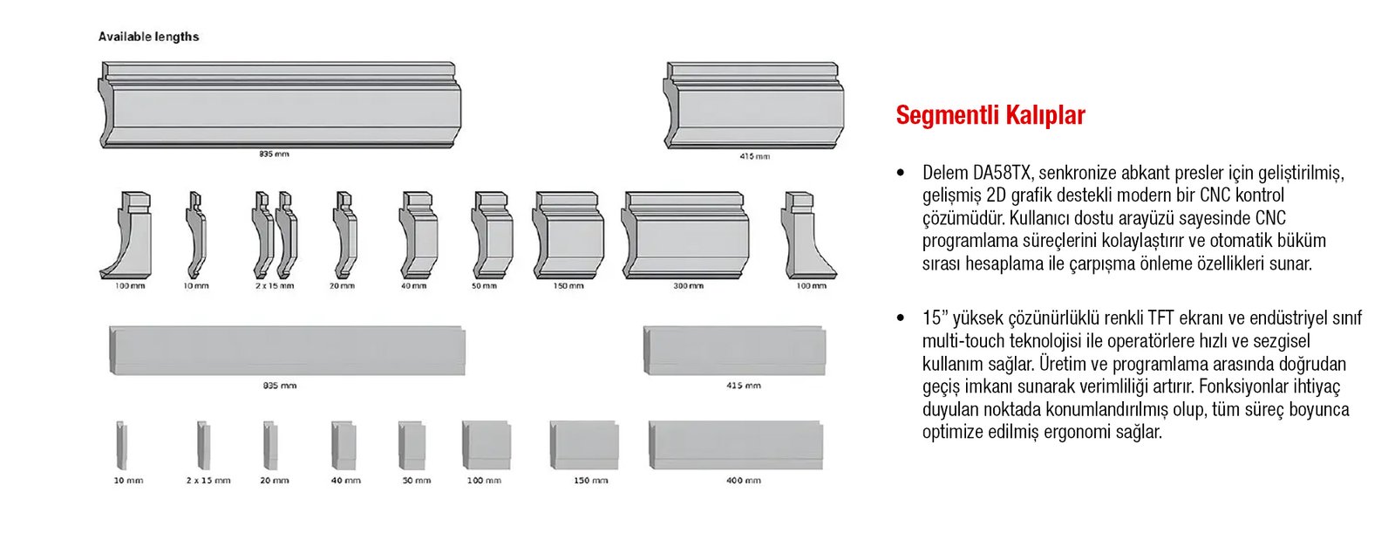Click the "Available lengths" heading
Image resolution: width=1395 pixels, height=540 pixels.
point(148,37)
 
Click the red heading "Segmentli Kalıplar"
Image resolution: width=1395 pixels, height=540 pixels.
point(990,115)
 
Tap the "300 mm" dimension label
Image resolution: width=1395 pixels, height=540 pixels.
point(688,286)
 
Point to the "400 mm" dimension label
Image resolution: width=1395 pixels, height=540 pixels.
point(743,480)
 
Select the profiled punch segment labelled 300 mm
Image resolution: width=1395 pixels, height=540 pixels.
point(685,235)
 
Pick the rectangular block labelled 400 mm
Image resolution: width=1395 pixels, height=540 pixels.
point(736,445)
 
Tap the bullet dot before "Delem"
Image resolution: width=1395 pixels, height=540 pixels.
point(901,173)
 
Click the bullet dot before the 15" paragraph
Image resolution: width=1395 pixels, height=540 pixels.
point(901,318)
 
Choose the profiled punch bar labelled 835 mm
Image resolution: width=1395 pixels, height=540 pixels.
point(280,105)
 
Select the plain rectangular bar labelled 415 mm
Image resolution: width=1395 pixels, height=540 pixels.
point(735,351)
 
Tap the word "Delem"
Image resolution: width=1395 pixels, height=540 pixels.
point(945,173)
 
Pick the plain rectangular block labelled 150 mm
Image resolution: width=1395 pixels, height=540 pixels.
point(584,445)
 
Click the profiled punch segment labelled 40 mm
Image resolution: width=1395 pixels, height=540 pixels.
point(418,235)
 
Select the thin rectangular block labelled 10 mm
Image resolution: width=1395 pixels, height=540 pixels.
point(121,445)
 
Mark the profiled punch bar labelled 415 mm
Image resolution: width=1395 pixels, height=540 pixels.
point(753,106)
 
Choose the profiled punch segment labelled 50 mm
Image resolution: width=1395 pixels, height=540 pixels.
point(492,235)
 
